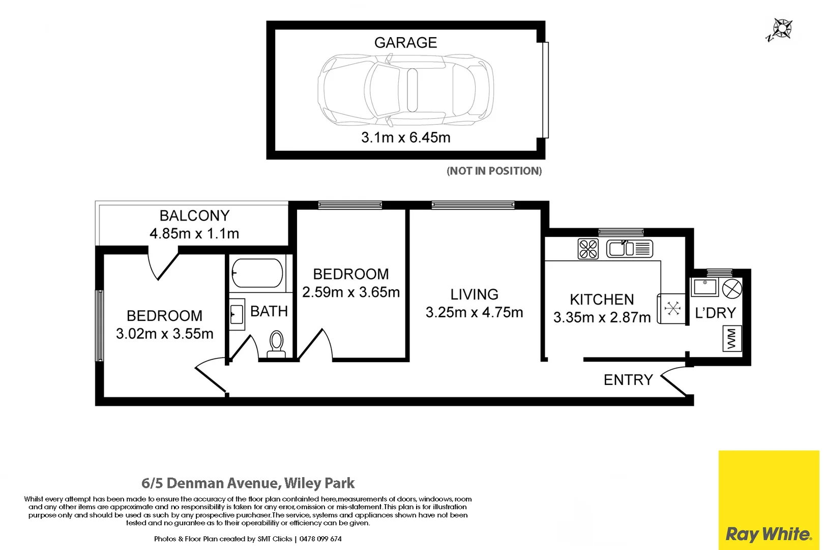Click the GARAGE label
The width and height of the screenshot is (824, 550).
[405, 43]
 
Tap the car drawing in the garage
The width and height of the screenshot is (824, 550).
[405, 90]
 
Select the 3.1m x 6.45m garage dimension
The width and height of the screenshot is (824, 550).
[405, 137]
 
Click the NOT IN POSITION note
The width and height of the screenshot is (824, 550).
[494, 171]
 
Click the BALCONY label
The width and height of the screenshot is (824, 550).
[194, 216]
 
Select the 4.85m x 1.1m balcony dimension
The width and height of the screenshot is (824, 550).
[194, 234]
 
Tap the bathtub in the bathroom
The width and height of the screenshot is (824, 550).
[257, 273]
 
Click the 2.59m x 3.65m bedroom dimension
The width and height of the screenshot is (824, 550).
[351, 292]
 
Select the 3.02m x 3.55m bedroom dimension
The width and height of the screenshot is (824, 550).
[164, 334]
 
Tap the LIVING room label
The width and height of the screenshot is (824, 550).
[474, 294]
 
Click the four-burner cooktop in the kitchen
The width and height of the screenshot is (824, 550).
[588, 249]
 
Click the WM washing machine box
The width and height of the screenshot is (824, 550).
[732, 339]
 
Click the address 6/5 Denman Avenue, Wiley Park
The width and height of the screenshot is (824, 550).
[248, 483]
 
